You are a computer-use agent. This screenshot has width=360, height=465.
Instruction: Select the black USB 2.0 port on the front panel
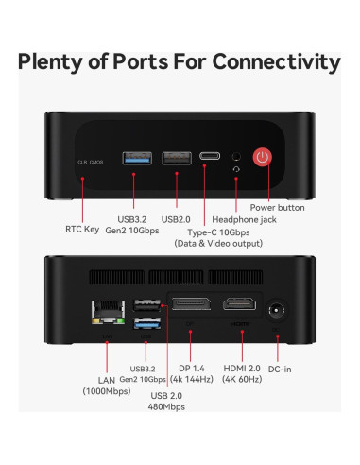[176, 157]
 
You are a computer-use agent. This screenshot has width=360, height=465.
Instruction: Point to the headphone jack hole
[235, 155]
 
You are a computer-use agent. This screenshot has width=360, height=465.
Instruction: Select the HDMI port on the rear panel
[237, 305]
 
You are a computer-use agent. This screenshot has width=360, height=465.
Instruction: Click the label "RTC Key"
[82, 228]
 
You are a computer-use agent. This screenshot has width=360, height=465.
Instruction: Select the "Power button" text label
[277, 207]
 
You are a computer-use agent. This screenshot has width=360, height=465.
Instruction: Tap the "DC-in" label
[280, 369]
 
